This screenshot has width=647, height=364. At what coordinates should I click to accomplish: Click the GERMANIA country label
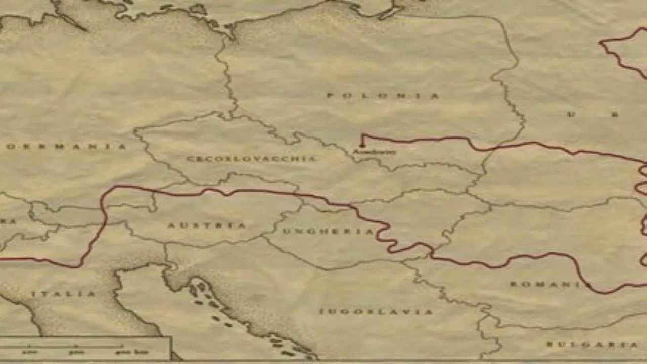click(x=66, y=147)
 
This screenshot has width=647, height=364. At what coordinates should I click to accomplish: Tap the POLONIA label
click(x=383, y=96)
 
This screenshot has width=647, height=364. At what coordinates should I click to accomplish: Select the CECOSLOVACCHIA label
click(x=251, y=159)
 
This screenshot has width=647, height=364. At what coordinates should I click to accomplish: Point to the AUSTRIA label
click(x=207, y=225)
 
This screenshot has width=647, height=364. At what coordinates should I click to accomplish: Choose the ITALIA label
click(x=63, y=294)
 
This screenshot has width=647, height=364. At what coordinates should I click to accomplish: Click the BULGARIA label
click(x=592, y=345)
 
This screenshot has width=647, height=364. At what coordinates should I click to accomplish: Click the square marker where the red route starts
click(x=362, y=146)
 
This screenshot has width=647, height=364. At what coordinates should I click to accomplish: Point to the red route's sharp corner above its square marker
click(x=362, y=135)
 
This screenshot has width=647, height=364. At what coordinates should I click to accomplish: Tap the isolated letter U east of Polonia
click(x=571, y=114)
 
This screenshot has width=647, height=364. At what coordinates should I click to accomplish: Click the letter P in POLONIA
click(x=330, y=96)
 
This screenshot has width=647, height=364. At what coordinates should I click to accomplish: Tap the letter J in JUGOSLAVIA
click(x=321, y=312)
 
